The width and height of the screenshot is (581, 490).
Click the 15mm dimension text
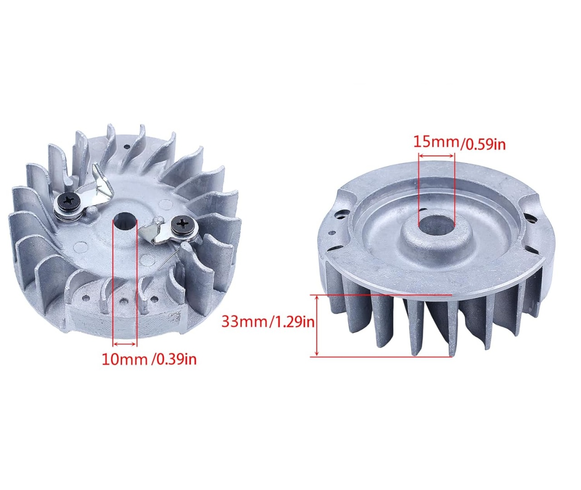436,142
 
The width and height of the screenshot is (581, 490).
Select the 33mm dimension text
244,322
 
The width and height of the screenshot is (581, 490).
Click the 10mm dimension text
124,359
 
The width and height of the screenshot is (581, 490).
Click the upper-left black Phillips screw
69,200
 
